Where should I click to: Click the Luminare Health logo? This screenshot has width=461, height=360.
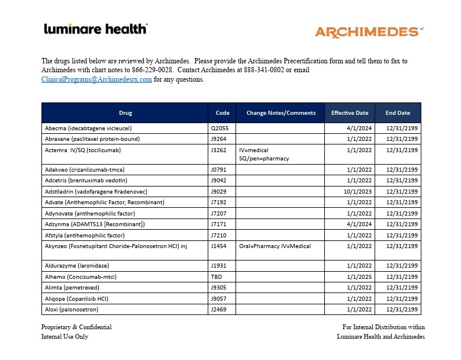[96, 29]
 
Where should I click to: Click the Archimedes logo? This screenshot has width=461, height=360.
[367, 32]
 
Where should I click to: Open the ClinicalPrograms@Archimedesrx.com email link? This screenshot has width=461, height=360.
[96, 80]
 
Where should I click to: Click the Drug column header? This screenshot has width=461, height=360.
[125, 113]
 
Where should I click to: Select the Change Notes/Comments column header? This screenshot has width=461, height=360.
[281, 113]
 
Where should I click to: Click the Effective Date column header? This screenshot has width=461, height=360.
[350, 113]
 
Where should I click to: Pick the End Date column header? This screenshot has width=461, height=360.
[398, 113]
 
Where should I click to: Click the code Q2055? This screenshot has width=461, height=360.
[220, 128]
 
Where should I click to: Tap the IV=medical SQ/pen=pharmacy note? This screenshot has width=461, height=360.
[264, 155]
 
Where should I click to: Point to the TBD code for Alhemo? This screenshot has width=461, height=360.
[217, 277]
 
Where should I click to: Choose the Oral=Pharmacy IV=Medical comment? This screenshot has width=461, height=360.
[275, 246]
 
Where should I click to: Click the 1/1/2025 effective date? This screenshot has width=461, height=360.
[359, 277]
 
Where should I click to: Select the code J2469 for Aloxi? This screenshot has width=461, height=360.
[219, 309]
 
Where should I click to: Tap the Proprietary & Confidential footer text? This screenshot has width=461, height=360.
[76, 327]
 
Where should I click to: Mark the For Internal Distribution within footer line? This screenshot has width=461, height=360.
[383, 327]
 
